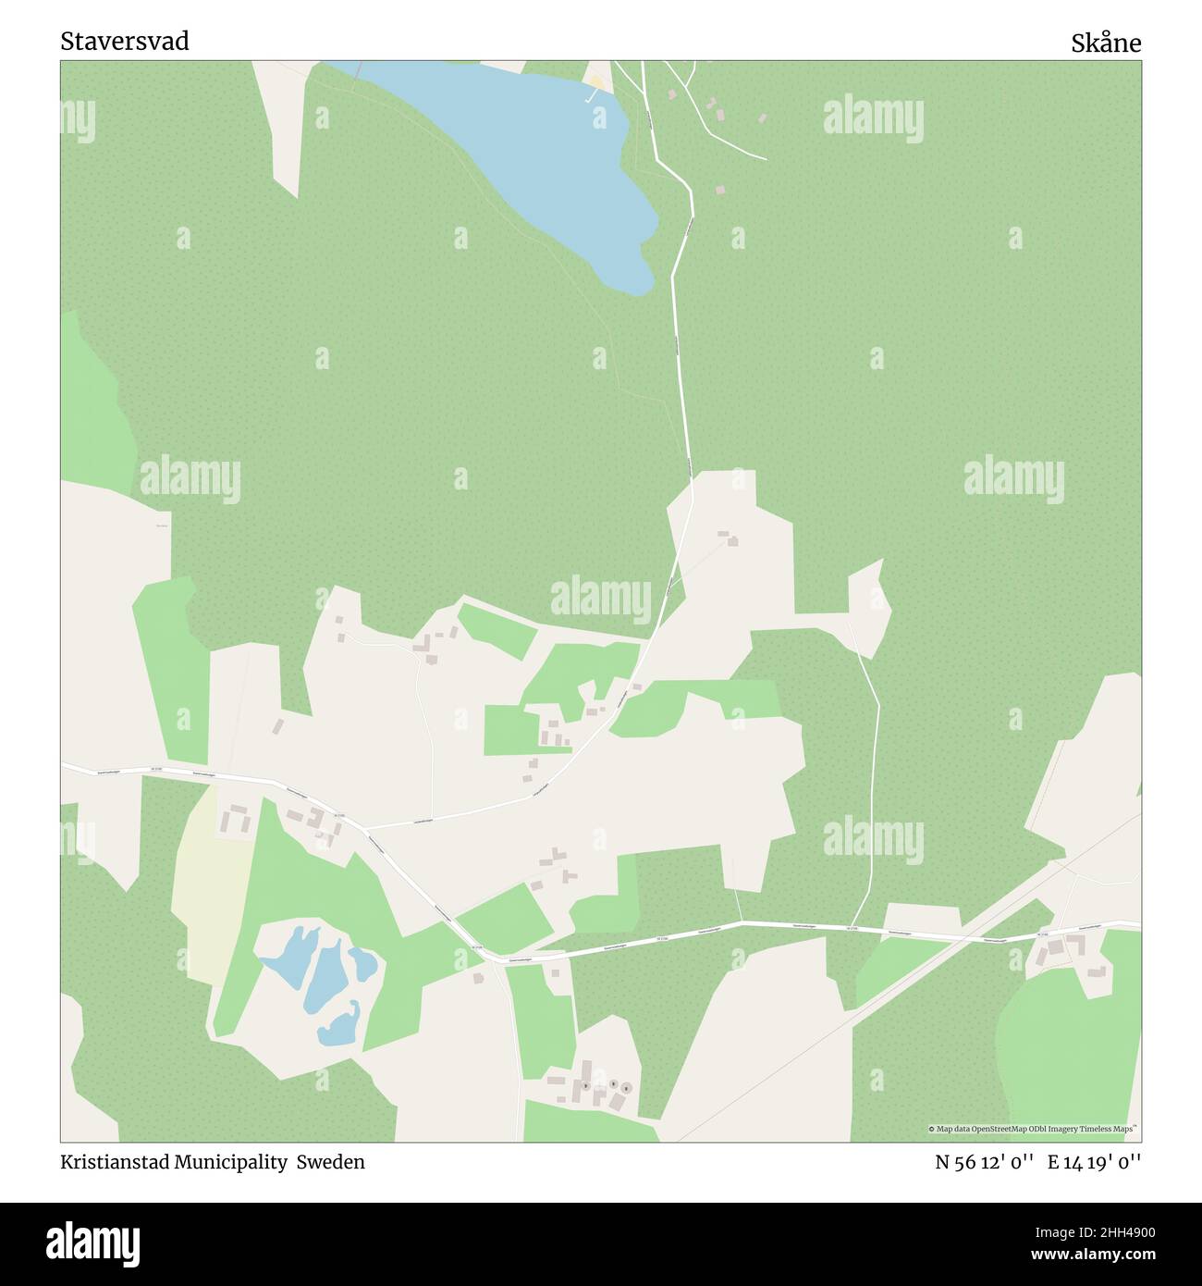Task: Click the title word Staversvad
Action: click(125, 42)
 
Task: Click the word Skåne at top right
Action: click(1106, 43)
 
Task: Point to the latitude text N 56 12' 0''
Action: click(984, 1162)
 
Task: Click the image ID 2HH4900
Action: click(1112, 1231)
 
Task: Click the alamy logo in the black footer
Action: click(95, 1242)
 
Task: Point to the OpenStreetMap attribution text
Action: click(1033, 1129)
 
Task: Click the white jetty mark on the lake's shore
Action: click(590, 95)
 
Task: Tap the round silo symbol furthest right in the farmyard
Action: click(626, 1088)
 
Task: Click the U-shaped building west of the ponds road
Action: click(235, 818)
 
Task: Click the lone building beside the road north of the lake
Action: click(719, 190)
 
